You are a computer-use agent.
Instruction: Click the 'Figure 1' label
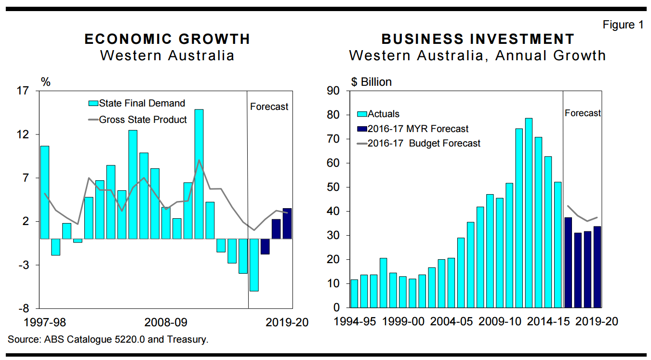[623, 25]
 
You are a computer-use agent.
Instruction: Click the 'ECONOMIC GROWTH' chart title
[167, 39]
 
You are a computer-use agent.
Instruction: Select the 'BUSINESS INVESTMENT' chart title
[478, 39]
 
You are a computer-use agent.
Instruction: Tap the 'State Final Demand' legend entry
[142, 103]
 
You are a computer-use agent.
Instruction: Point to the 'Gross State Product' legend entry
[143, 120]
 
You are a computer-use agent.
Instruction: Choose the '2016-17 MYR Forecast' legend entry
[418, 129]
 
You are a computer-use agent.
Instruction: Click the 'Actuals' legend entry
[384, 114]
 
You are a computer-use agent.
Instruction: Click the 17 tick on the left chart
[22, 91]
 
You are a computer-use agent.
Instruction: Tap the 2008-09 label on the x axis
[166, 322]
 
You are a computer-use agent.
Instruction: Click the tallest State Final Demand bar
[199, 173]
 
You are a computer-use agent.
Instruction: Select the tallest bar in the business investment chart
[529, 213]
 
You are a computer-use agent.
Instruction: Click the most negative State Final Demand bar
[254, 265]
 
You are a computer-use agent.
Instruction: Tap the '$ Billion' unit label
[372, 82]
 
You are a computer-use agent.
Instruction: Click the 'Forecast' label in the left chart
[269, 107]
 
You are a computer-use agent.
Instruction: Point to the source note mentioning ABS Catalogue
[108, 339]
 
